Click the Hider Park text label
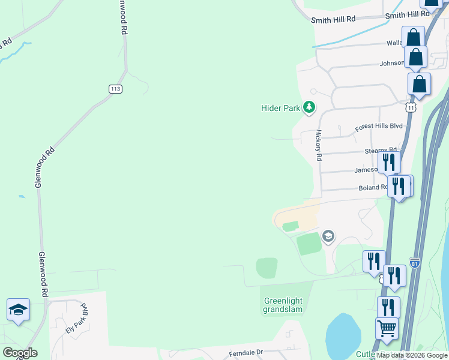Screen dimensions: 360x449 point(280,108)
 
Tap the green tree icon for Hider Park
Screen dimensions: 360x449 point(309,107)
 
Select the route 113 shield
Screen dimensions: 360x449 point(116,89)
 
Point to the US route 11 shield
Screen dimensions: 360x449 point(411,107)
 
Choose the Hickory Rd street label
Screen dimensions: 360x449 point(319,145)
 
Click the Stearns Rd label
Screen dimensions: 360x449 point(381,151)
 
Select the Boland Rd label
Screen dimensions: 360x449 point(373,188)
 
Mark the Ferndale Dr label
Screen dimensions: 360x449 point(246,353)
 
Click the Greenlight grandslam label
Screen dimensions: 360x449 point(283,305)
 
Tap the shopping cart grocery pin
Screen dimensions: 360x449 point(387,328)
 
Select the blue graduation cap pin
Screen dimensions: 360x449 point(18,310)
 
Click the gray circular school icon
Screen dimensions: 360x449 point(328,236)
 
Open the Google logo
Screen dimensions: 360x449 point(19,353)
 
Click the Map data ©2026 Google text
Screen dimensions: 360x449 point(412,355)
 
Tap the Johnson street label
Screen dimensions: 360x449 point(391,64)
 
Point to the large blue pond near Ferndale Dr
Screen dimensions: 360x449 point(343,336)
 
